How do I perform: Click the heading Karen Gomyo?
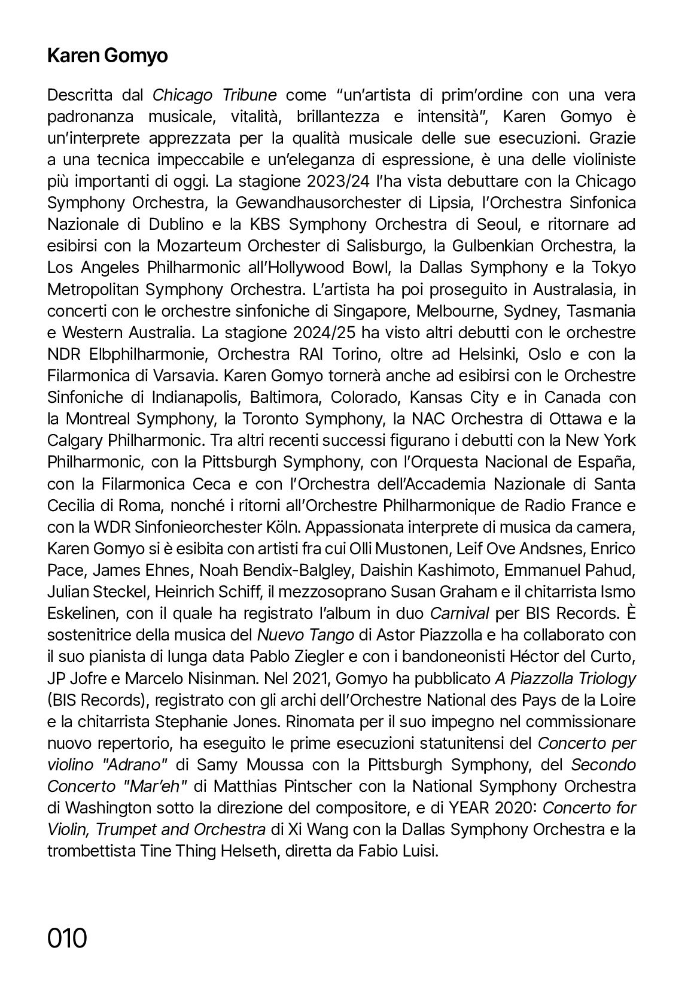click(107, 56)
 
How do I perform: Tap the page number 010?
click(67, 937)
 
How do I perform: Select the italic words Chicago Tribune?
click(215, 95)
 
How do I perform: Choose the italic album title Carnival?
click(460, 613)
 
